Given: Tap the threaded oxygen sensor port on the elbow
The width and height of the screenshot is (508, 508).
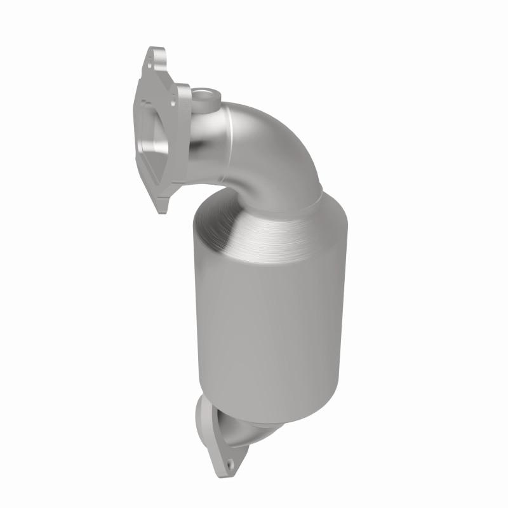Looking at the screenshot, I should (205, 97).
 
